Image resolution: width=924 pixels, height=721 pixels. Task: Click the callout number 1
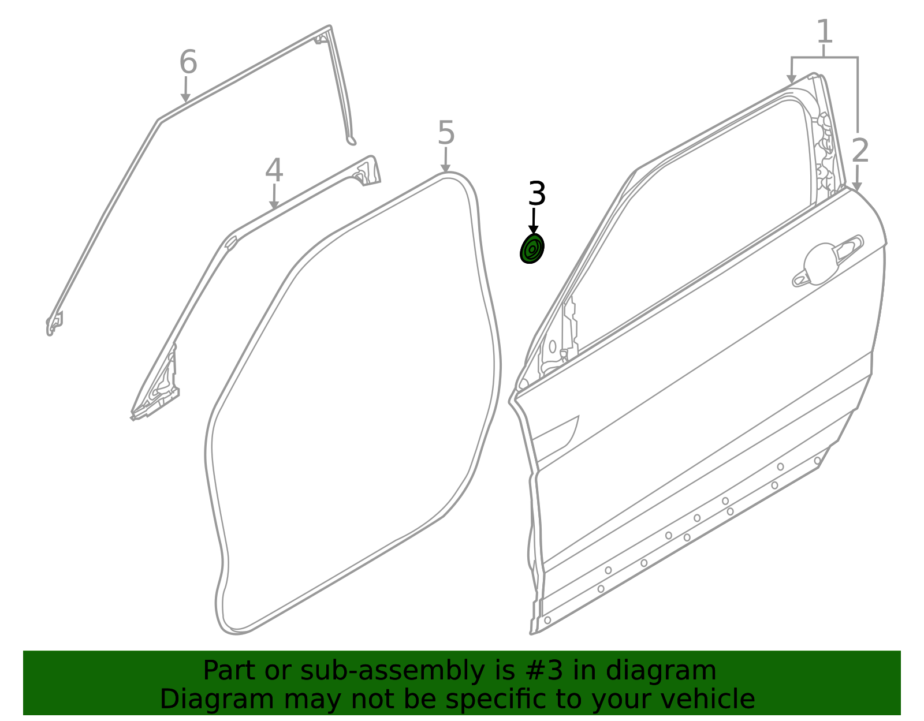point(825,31)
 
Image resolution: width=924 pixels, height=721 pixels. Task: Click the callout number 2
point(860,151)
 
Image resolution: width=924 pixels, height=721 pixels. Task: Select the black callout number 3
point(536,194)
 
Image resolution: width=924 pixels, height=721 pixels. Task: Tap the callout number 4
point(274,170)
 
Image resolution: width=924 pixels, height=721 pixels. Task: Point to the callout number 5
point(446,133)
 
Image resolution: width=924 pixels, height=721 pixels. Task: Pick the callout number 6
point(188,62)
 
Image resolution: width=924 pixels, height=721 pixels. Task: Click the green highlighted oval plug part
point(532,249)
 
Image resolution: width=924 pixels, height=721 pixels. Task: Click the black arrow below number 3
point(533,221)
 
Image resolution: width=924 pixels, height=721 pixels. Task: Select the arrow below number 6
point(185,89)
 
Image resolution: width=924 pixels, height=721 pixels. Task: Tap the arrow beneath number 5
point(445,160)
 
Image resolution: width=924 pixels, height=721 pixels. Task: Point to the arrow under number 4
point(274,196)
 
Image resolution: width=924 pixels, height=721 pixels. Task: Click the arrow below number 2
point(857,178)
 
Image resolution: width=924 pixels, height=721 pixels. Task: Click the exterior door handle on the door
point(828,263)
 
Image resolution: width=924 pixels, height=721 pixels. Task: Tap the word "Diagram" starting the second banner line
point(217,700)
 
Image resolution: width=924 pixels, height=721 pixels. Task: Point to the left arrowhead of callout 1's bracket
point(791,79)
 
